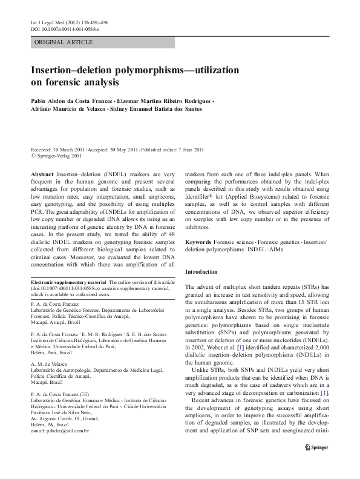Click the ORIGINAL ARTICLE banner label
tap(64, 42)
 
